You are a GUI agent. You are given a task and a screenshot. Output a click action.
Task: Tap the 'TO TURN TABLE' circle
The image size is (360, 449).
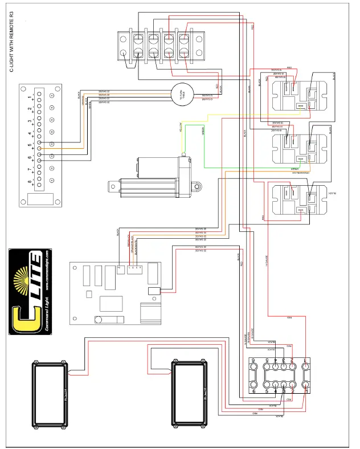(x=183, y=95)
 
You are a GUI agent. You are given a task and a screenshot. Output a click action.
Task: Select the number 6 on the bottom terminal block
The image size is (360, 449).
(x=254, y=391)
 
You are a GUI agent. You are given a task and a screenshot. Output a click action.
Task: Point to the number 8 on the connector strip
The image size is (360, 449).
(x=30, y=182)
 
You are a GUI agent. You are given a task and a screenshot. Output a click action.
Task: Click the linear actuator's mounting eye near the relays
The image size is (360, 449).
(x=198, y=185)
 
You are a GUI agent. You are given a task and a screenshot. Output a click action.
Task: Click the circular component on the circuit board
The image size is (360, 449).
(x=98, y=320)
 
